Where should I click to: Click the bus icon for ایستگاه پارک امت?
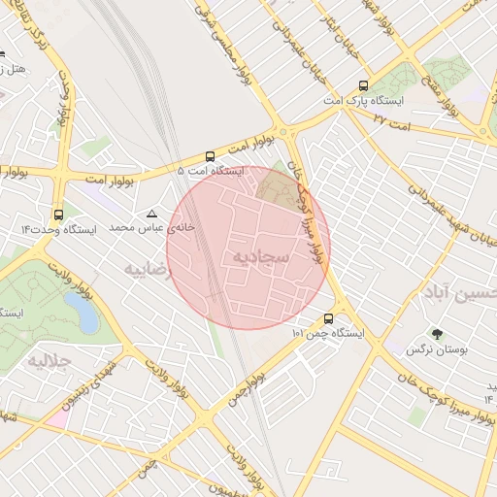[363, 85]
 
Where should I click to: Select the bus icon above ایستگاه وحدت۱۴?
[59, 215]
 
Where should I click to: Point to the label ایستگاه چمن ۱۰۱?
[327, 333]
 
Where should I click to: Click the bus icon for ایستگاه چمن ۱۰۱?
[328, 318]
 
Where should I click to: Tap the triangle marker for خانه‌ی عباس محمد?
[151, 213]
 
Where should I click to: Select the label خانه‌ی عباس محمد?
[151, 226]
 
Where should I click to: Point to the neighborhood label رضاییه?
[147, 269]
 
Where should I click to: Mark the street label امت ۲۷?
[392, 122]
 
